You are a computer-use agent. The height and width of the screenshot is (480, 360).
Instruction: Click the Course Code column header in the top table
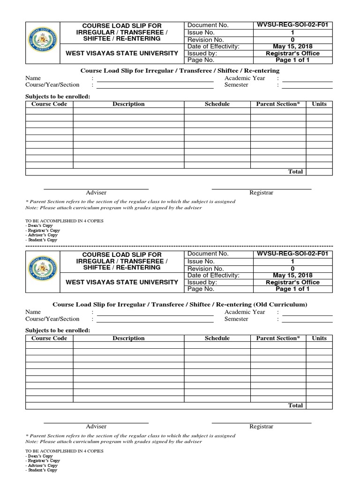[x=49, y=104]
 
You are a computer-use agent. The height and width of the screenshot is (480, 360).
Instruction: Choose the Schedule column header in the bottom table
[x=217, y=338]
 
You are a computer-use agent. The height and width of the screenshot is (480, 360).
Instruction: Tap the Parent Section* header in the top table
[x=277, y=104]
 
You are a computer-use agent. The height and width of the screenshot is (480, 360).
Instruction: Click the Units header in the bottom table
[x=319, y=338]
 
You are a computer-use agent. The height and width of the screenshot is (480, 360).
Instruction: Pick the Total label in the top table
[x=295, y=172]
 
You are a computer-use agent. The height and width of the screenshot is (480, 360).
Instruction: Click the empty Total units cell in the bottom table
[x=319, y=405]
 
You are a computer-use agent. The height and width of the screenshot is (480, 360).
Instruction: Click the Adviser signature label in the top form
[x=96, y=193]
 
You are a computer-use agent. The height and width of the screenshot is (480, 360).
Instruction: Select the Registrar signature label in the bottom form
[x=261, y=427]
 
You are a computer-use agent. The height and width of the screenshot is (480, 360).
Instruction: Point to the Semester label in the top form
[x=236, y=85]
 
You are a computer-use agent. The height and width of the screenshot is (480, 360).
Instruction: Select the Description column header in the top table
[x=128, y=104]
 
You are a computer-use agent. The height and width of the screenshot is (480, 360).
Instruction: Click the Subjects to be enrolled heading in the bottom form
[x=57, y=330]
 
